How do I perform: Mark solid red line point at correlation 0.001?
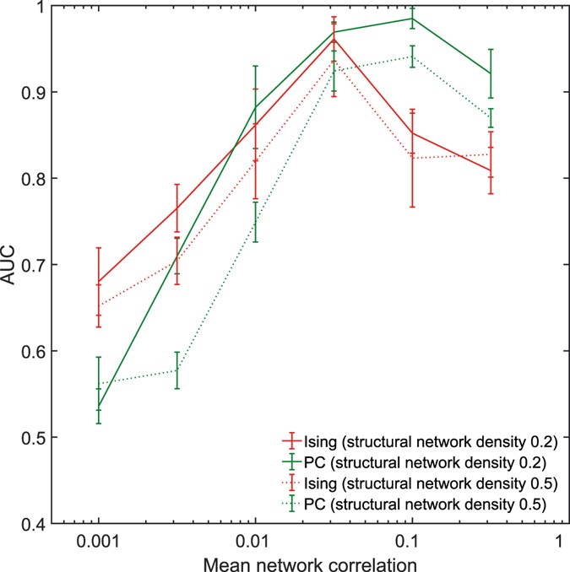99,282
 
